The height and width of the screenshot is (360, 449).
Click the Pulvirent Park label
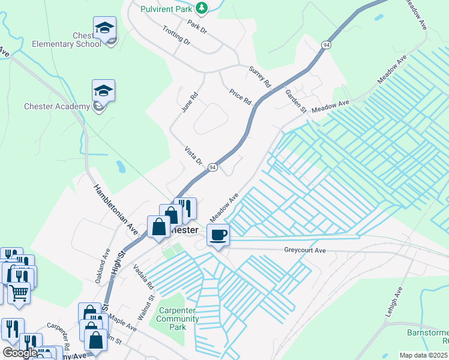click(x=166, y=8)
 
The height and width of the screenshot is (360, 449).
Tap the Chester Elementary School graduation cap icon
click(x=104, y=28)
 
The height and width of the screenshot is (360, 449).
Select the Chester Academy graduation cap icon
click(x=103, y=91)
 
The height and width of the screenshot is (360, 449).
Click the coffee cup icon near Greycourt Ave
click(x=218, y=235)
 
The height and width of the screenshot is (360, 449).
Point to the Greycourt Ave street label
click(x=304, y=250)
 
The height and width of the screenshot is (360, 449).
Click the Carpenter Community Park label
click(x=178, y=319)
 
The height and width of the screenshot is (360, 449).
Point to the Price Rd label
click(x=240, y=96)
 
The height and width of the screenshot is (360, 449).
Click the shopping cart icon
click(x=19, y=293)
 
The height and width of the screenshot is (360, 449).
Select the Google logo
click(x=20, y=353)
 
